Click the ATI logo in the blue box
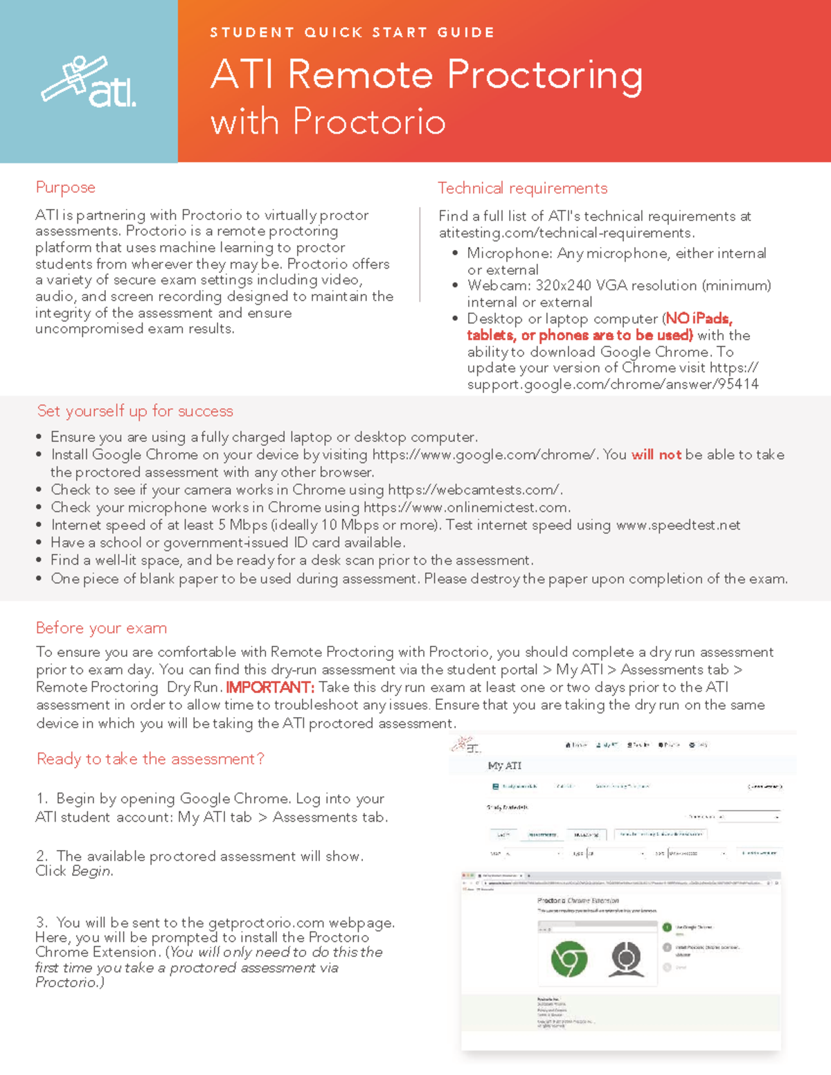pos(89,82)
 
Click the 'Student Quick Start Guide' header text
pos(352,33)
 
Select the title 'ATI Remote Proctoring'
pos(427,74)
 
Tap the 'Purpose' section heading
pos(65,188)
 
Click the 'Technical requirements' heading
pos(522,188)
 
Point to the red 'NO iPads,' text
pos(699,318)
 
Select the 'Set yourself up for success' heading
pos(135,411)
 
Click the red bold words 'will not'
pos(656,455)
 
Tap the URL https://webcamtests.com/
pos(475,490)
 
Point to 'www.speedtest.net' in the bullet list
pos(678,525)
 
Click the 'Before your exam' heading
pos(101,628)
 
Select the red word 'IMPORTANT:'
pos(270,687)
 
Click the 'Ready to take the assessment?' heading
pos(150,759)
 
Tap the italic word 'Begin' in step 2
pos(91,871)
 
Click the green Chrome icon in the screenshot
pos(569,959)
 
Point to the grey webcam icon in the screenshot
pos(626,959)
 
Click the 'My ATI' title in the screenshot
pos(504,766)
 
